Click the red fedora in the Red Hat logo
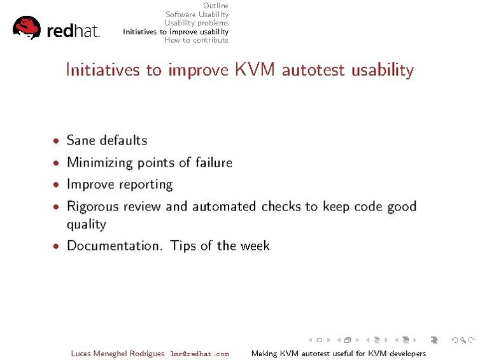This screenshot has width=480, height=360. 26,27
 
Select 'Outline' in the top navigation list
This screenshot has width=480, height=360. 215,6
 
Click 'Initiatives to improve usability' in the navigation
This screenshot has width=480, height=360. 175,31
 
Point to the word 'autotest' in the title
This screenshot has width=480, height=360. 314,69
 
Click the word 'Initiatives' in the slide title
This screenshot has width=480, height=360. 105,69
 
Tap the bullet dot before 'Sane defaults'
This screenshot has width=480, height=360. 57,141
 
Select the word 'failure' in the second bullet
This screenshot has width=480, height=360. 211,163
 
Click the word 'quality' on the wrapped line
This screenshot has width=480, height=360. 86,225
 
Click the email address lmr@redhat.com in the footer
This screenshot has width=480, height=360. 199,354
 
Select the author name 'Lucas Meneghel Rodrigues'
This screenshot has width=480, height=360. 117,354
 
